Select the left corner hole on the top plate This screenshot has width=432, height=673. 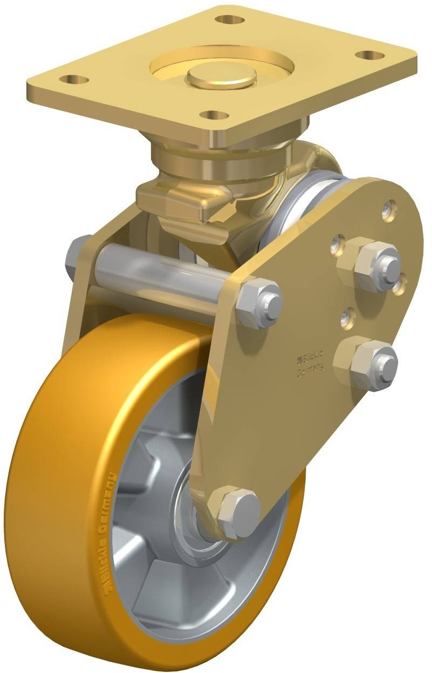coord(76,80)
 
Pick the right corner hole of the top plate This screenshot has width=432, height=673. coord(369,55)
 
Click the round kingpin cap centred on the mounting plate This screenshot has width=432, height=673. coord(222,78)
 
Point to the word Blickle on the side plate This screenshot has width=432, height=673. coord(311,356)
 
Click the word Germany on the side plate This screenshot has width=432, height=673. coord(310,369)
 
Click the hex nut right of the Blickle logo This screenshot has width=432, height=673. coord(365,362)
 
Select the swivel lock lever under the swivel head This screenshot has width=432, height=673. coord(178,205)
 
